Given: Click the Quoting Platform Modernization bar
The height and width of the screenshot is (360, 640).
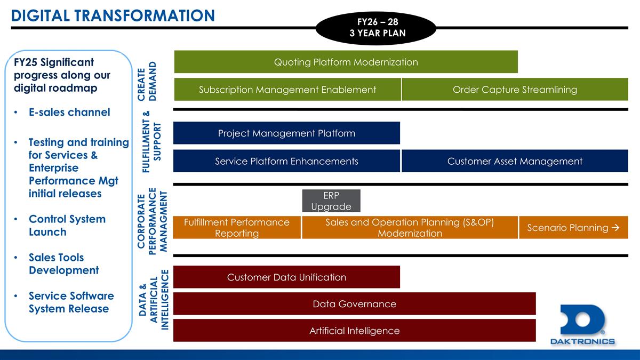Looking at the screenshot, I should click(x=346, y=62).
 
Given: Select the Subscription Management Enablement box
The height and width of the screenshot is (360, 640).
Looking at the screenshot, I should click(x=287, y=90).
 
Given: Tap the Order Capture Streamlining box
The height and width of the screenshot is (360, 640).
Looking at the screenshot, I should click(x=515, y=90).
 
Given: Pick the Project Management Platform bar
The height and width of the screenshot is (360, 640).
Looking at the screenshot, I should click(x=286, y=133).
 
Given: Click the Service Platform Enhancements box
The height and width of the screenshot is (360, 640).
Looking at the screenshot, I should click(x=286, y=161).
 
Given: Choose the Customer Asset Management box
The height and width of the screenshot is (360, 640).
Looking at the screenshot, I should click(x=515, y=161).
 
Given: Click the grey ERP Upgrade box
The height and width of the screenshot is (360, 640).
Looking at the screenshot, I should click(x=331, y=201).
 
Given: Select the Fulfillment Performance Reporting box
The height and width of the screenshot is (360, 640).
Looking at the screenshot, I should click(x=237, y=228).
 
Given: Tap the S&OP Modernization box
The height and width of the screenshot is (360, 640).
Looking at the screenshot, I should click(x=410, y=228).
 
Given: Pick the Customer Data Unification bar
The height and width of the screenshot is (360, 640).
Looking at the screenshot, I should click(x=286, y=277).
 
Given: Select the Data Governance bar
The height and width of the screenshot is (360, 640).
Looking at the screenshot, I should click(x=354, y=304).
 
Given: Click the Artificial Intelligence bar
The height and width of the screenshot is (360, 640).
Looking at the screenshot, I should click(x=354, y=331).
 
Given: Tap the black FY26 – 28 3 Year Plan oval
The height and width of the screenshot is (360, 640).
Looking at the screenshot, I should click(x=377, y=28).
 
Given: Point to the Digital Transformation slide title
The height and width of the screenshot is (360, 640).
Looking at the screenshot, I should click(x=113, y=15).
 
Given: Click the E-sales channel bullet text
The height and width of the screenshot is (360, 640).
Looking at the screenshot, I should click(x=69, y=112).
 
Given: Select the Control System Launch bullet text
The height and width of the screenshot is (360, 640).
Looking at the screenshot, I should click(x=67, y=225).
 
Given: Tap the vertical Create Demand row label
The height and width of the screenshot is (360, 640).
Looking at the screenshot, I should click(x=148, y=81).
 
